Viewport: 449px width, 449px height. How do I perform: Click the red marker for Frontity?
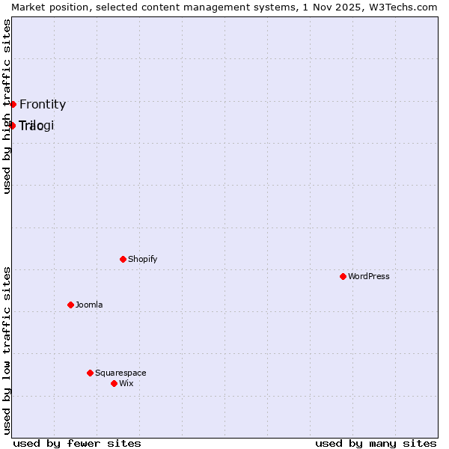13,104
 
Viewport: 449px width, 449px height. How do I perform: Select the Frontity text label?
43,105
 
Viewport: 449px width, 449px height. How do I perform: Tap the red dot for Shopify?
123,259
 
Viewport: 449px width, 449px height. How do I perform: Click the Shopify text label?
142,260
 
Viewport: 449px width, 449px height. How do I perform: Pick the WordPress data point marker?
343,276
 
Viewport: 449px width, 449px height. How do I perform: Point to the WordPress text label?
368,277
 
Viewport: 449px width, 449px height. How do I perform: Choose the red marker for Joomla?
70,305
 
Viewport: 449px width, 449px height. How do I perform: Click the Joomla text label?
89,305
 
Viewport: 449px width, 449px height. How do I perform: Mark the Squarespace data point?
90,373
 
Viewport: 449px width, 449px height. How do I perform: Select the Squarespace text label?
120,373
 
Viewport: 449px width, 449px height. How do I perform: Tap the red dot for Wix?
114,383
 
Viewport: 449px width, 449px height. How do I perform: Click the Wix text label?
126,384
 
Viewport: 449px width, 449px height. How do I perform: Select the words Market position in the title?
45,7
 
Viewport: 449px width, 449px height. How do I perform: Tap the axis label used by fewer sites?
77,443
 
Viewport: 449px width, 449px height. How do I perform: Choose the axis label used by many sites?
376,443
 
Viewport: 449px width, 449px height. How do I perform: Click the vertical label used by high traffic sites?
7,106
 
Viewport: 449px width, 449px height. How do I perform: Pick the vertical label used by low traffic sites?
7,350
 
